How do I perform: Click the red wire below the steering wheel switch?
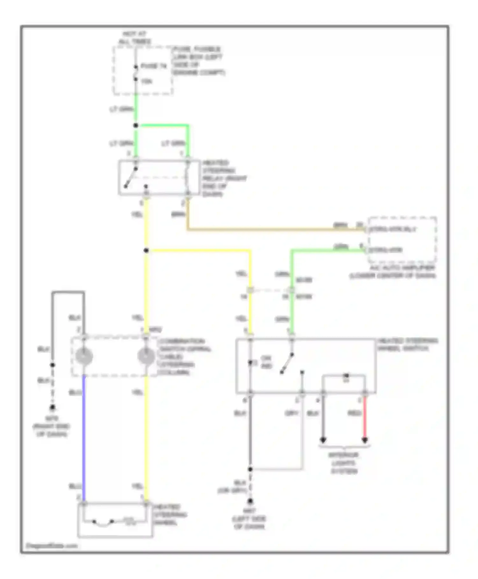tap(365, 418)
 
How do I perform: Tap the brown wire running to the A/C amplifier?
tap(271, 229)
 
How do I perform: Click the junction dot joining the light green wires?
tap(136, 125)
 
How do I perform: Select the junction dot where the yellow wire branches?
tap(146, 251)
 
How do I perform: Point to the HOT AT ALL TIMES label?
tap(134, 38)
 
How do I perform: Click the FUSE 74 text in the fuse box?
tap(154, 66)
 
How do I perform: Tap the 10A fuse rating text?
tap(147, 82)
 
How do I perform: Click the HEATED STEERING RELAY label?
tap(223, 178)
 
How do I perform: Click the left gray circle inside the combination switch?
tap(84, 356)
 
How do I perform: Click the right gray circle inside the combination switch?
tap(146, 356)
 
